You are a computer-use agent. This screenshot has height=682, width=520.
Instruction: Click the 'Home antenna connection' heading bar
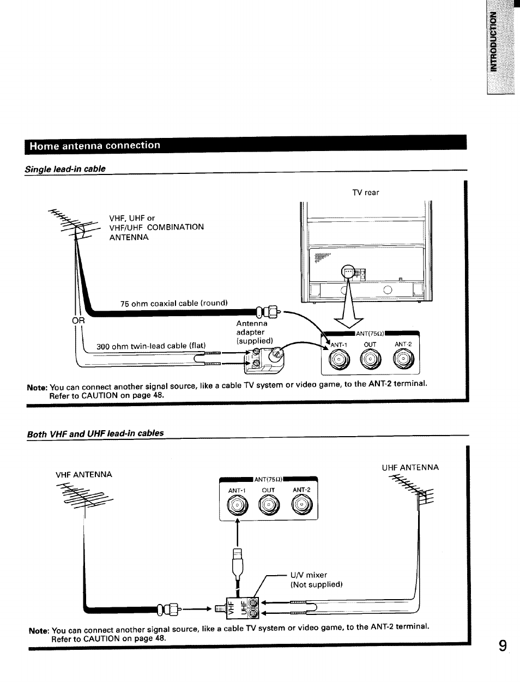click(x=245, y=146)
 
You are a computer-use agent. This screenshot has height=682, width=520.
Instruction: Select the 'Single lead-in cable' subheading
click(x=65, y=169)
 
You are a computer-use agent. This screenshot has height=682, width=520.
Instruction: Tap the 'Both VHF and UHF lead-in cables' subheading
click(x=95, y=433)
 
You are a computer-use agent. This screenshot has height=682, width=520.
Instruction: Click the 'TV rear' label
click(x=366, y=192)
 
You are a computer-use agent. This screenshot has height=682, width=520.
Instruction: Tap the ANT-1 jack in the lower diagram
click(x=238, y=506)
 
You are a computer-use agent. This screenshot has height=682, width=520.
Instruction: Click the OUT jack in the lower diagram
click(x=269, y=506)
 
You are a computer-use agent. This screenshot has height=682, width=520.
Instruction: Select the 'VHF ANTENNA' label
click(x=84, y=474)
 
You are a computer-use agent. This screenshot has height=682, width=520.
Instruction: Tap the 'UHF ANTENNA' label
click(x=410, y=467)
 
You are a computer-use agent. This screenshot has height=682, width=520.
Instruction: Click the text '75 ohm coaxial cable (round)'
click(x=174, y=303)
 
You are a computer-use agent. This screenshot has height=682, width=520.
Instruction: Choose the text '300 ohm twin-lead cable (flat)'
click(x=151, y=346)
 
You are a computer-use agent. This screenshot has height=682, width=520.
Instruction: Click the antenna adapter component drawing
click(x=265, y=360)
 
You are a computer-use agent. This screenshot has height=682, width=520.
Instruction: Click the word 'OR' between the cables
click(x=79, y=321)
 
